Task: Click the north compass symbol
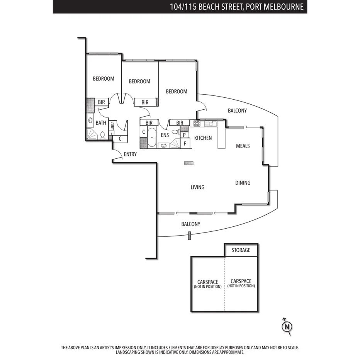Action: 287,327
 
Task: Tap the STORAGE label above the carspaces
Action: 241,250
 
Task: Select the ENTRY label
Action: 130,154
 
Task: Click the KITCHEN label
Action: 203,138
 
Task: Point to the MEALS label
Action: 243,146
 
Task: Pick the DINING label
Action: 243,183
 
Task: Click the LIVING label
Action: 197,187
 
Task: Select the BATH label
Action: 101,123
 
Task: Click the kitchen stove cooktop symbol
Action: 197,124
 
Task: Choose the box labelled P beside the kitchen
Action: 185,135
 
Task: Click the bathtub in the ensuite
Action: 152,138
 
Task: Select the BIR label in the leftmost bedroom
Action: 101,102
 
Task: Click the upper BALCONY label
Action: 237,110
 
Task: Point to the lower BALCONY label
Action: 191,224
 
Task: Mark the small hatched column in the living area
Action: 189,163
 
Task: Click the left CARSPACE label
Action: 208,284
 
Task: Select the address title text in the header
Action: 236,7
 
